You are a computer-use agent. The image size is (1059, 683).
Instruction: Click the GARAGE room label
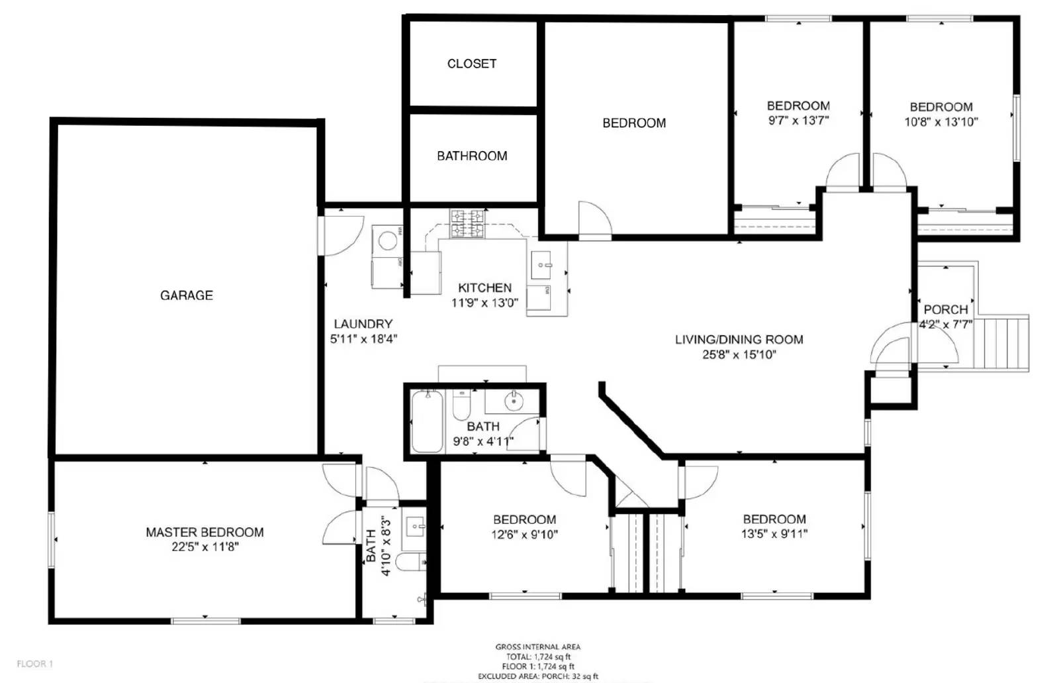pos(187,295)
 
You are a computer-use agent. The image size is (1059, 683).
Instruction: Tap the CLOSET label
pos(471,64)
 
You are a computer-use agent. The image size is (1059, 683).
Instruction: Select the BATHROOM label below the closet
pos(472,156)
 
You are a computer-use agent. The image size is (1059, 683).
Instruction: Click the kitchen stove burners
pos(467,223)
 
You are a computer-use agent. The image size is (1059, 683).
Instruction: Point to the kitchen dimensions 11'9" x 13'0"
pos(484,303)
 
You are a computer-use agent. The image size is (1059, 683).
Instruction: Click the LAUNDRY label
pos(363,324)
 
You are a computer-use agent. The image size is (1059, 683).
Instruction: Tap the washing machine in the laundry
pos(387,238)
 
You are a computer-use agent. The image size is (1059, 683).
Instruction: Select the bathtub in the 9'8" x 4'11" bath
pos(427,421)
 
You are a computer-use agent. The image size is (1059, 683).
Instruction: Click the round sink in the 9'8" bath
pos(513,400)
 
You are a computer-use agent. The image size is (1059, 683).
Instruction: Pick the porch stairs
pos(1003,342)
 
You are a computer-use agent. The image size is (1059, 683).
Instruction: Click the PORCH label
pos(945,309)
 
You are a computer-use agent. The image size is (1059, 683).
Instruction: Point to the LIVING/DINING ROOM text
pos(739,339)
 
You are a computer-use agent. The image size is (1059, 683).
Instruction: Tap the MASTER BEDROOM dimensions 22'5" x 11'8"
pos(205,547)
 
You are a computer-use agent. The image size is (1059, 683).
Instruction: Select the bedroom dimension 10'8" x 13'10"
pos(941,122)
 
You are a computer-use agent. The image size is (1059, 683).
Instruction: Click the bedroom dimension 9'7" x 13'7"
pos(798,121)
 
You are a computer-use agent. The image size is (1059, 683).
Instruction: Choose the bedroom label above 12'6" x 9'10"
pos(524,519)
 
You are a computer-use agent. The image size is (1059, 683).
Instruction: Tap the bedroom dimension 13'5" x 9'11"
pos(774,534)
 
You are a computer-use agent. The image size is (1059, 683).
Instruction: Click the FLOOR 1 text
pos(34,664)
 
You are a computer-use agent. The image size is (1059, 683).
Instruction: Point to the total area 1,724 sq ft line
pos(537,657)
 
